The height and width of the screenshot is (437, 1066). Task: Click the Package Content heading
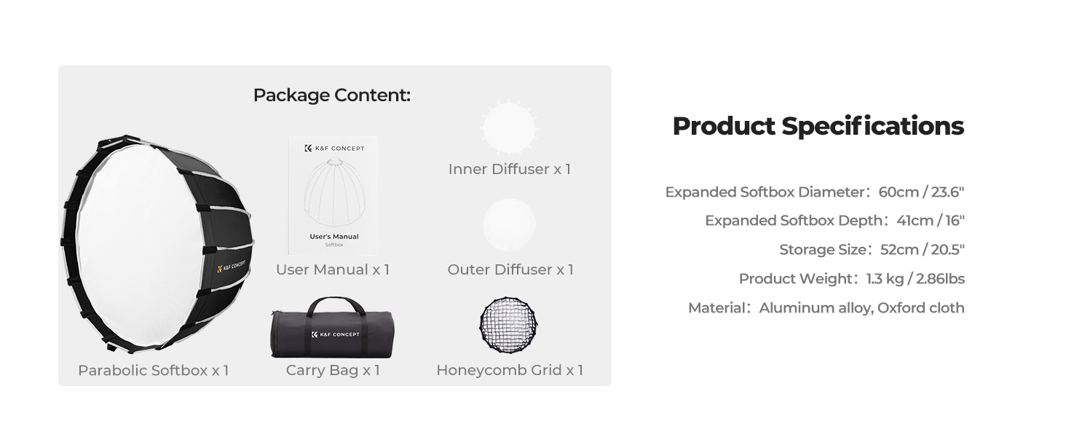(x=332, y=95)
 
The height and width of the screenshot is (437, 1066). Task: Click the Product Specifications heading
(x=818, y=126)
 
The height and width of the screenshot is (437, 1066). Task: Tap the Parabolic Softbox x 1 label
(x=153, y=370)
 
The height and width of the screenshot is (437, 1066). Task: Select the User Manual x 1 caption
(x=333, y=269)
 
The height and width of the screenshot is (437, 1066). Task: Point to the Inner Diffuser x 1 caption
(x=509, y=169)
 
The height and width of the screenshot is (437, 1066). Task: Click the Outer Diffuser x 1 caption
(x=510, y=269)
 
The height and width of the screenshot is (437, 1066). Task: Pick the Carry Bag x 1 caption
(x=333, y=370)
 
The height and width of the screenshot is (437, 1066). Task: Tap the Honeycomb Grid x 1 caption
(x=509, y=370)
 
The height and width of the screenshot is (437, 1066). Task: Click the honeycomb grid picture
(x=508, y=326)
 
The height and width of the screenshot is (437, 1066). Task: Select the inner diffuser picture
(x=509, y=127)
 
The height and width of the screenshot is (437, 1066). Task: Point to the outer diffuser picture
(x=509, y=224)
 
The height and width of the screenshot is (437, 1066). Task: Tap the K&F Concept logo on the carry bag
(x=335, y=334)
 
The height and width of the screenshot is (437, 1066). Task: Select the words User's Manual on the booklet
(x=334, y=237)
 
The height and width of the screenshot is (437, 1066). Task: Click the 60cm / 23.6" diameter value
(x=921, y=192)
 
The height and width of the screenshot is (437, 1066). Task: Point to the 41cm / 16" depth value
(x=931, y=221)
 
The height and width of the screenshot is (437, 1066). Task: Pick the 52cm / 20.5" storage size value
(x=923, y=249)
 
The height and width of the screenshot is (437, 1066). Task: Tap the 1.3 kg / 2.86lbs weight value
(x=915, y=278)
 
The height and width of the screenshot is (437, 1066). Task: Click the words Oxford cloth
(x=921, y=307)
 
